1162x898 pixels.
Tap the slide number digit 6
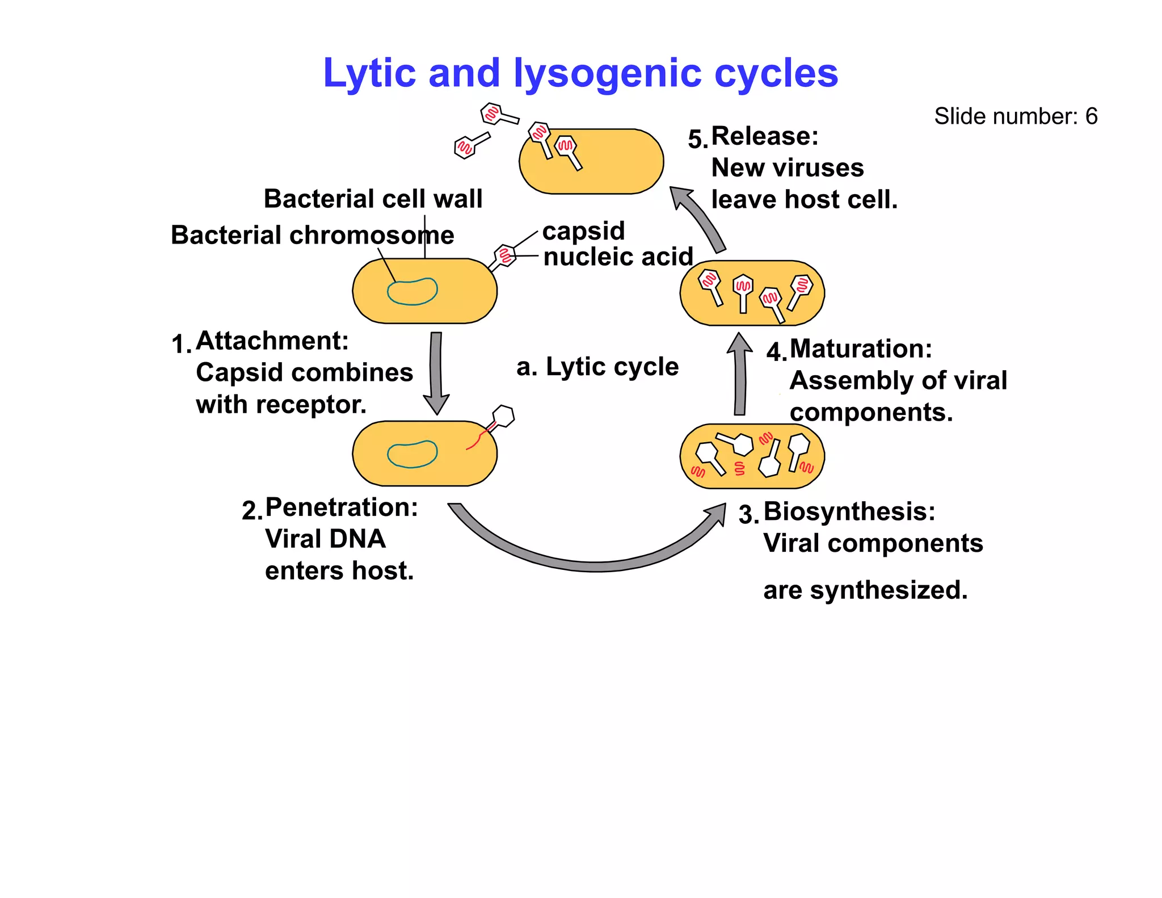pos(1091,116)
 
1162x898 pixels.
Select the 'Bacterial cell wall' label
pos(373,199)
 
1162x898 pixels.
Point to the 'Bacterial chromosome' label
pos(312,235)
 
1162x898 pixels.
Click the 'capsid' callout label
pos(583,231)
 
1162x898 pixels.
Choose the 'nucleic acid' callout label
pos(618,257)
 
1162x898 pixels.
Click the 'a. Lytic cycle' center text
pos(597,367)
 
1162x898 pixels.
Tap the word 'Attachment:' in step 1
pos(272,341)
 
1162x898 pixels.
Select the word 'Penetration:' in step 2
pos(341,507)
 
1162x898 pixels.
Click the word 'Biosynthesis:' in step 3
pos(849,511)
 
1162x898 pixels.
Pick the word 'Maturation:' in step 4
pos(861,349)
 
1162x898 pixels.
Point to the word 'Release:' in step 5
pos(764,136)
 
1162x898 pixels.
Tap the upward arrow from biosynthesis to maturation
pos(740,375)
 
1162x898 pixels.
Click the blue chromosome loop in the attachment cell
pos(412,292)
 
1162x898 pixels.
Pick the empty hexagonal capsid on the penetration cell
pos(503,416)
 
